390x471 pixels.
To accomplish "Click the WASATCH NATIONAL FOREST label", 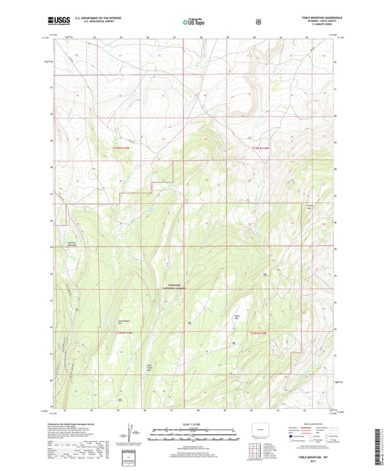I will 175,287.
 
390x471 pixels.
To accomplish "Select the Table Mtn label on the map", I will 236,317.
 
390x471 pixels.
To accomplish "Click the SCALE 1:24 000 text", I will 194,425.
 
